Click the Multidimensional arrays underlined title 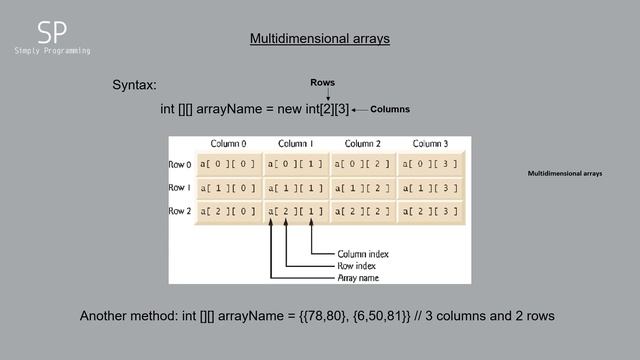[319, 39]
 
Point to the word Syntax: [134, 87]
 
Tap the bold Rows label [322, 81]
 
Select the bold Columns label [391, 108]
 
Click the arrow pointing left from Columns [360, 108]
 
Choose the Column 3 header [430, 143]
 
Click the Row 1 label [180, 187]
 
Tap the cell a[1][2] [363, 187]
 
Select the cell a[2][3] [430, 211]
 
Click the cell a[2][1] [297, 211]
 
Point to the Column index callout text [363, 253]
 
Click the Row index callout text [357, 265]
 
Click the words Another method [124, 316]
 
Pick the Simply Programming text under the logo [52, 50]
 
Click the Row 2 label [180, 211]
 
